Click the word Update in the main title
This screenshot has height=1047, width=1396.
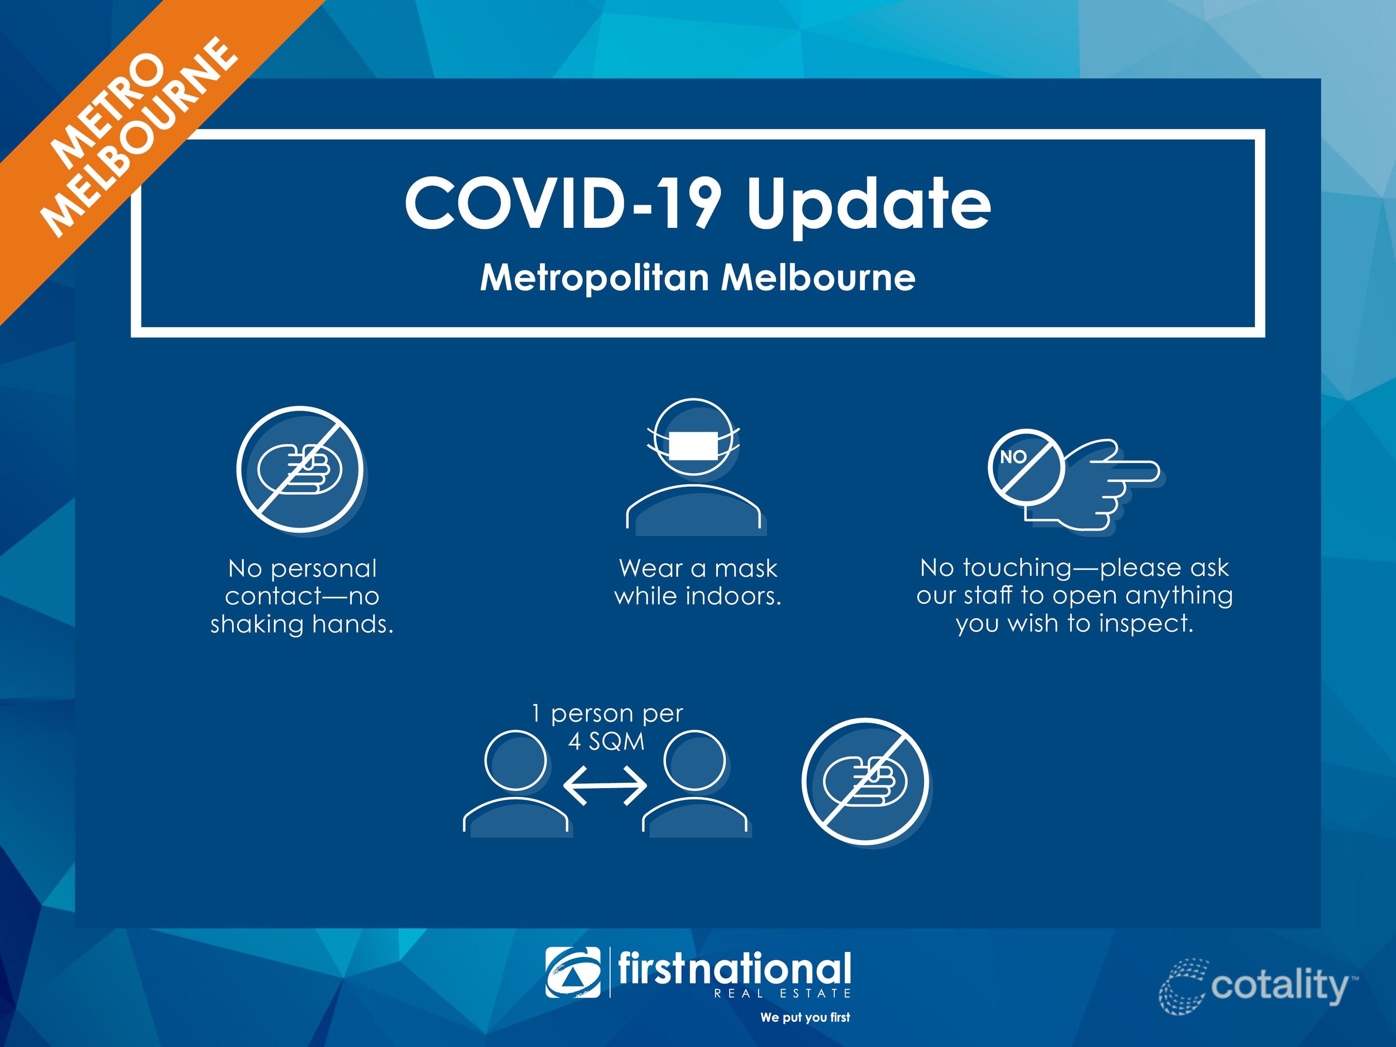(x=869, y=205)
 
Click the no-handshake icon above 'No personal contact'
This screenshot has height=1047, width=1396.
(x=301, y=470)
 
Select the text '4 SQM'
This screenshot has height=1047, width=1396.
(x=606, y=742)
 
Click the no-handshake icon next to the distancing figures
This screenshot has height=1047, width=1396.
(x=866, y=782)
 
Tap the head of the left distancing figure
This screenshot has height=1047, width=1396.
(x=516, y=761)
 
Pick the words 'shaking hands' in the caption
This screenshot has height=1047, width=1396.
(x=301, y=624)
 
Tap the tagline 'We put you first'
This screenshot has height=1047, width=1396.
(x=805, y=1017)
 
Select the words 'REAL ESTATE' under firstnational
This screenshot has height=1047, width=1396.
(x=782, y=993)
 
